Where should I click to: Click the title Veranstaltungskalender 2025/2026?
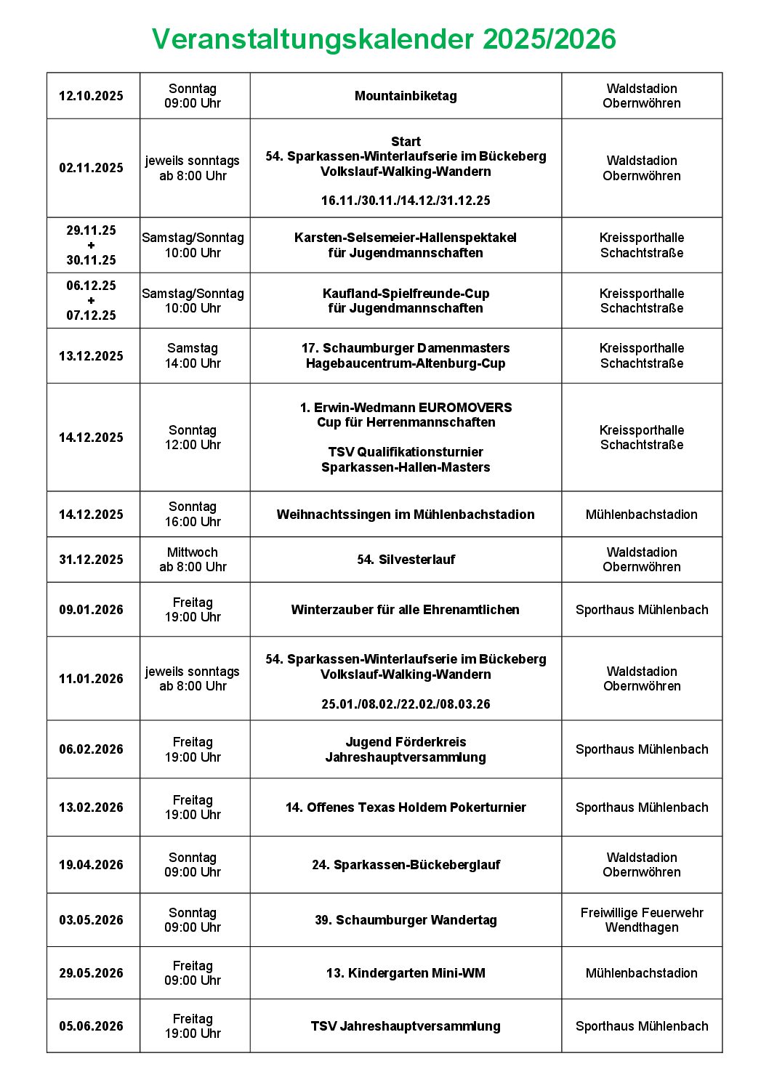(384, 39)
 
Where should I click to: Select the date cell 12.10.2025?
(91, 96)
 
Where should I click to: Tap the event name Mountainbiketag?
(406, 96)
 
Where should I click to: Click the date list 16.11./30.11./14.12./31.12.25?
(406, 201)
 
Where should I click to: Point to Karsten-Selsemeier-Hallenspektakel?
(406, 238)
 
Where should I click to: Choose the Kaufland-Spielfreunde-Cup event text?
(406, 294)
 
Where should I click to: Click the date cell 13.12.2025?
(91, 356)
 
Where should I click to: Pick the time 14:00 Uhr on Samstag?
(193, 363)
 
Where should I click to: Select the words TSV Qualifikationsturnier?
(406, 452)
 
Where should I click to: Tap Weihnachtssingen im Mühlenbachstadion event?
(406, 515)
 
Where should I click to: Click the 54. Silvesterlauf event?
(406, 560)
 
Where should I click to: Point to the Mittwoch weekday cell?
(193, 552)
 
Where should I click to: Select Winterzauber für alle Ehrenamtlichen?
(406, 610)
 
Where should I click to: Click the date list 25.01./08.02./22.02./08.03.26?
(406, 704)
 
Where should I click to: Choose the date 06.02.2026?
(91, 749)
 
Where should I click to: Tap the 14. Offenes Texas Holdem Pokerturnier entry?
(406, 807)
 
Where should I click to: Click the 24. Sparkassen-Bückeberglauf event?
(406, 865)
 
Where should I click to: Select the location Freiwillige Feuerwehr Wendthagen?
(642, 920)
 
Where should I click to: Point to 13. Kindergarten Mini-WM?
(406, 973)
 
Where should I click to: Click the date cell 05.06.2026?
(91, 1026)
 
